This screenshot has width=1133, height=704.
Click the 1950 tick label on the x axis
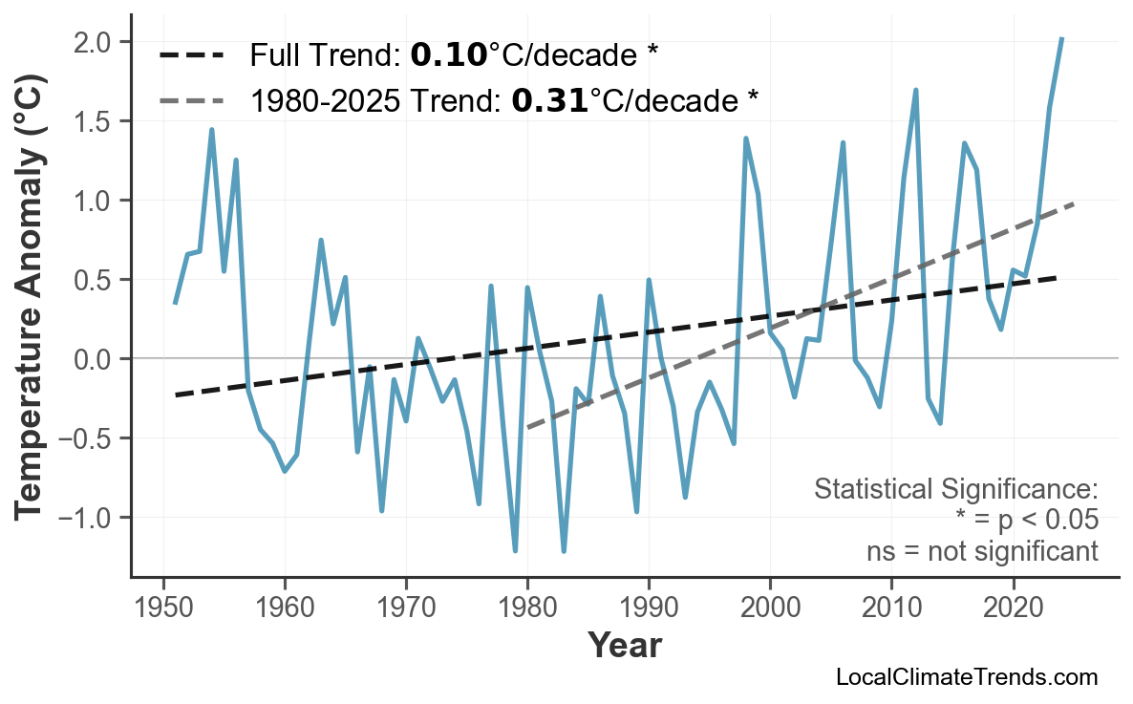click(163, 608)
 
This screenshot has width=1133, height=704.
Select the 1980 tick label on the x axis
click(527, 608)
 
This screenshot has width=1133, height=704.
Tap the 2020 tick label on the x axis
click(1013, 608)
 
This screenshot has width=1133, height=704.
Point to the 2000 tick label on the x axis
click(770, 608)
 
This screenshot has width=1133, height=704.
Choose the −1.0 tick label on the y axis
click(92, 518)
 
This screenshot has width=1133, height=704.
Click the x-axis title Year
click(624, 646)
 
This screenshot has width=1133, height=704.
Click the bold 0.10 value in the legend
click(449, 55)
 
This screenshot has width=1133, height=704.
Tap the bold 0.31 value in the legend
click(549, 99)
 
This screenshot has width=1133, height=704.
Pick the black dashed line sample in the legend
click(192, 55)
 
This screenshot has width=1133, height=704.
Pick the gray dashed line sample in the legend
click(192, 99)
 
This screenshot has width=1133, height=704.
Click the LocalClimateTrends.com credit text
click(966, 677)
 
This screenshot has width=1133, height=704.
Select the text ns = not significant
click(982, 551)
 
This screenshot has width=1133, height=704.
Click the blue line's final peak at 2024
click(1061, 38)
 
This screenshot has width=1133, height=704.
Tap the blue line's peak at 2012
click(916, 90)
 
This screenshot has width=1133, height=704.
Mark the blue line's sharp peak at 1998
click(746, 139)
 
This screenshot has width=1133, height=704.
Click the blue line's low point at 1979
click(515, 551)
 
